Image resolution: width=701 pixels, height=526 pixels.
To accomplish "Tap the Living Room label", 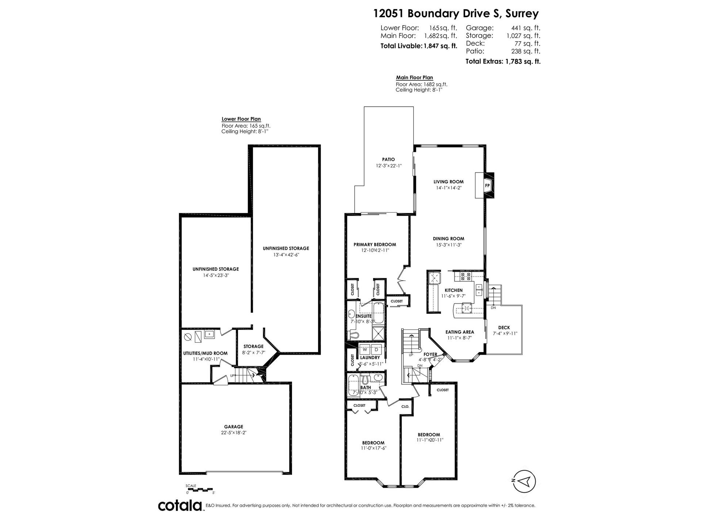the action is click(x=448, y=182).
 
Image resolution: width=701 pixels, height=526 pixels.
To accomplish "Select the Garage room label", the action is click(x=233, y=427).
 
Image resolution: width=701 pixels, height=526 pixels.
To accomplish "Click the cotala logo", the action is click(x=181, y=506).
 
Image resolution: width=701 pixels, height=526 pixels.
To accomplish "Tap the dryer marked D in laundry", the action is click(x=376, y=349).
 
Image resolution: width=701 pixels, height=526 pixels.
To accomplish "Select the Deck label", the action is click(x=504, y=328).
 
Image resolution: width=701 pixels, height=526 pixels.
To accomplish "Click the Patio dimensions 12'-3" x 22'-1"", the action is click(x=388, y=166).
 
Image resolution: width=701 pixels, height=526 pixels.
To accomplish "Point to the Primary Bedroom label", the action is click(x=375, y=245).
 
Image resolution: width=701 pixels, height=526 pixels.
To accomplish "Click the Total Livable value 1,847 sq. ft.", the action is click(x=440, y=46).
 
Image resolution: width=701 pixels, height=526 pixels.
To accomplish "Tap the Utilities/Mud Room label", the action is click(x=205, y=353).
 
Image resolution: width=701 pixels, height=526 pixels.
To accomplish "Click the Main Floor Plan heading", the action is click(x=414, y=77).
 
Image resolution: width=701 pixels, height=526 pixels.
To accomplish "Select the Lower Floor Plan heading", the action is click(x=241, y=119).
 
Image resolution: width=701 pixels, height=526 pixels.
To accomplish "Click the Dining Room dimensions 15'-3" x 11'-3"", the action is click(x=448, y=245).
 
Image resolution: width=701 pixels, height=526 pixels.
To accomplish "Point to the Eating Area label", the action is click(x=460, y=332).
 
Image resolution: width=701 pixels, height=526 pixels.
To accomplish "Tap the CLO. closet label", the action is click(x=405, y=407).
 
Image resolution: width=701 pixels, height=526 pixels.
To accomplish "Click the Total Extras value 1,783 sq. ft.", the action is click(x=523, y=61).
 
